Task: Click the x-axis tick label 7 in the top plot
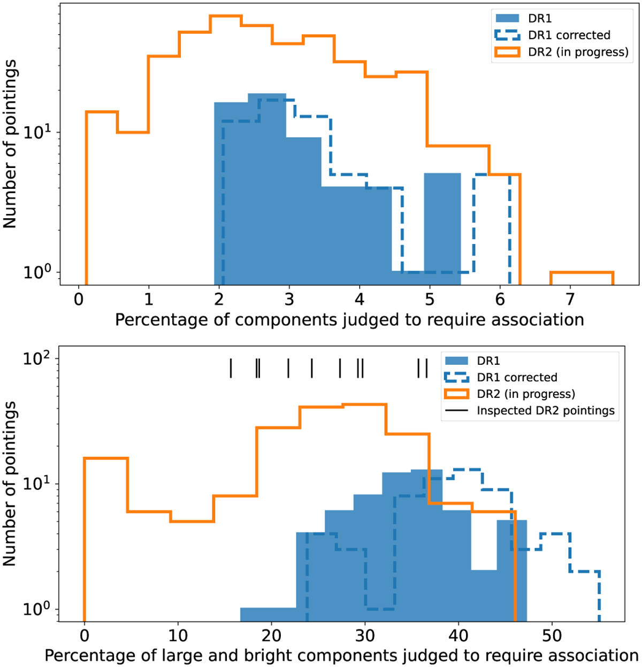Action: click(x=570, y=298)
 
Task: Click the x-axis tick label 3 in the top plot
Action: click(x=289, y=298)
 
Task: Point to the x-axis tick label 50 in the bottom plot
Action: click(x=552, y=635)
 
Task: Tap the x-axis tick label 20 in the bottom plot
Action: click(x=271, y=635)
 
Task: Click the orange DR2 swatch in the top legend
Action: click(x=507, y=52)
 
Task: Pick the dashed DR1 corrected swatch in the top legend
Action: click(x=507, y=35)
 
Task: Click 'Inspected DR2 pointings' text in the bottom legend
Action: click(x=546, y=411)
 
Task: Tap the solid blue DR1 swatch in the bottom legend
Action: click(x=456, y=361)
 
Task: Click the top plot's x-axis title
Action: click(x=349, y=320)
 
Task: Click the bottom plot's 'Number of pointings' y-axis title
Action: click(x=10, y=484)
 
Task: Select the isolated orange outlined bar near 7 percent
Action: click(x=582, y=278)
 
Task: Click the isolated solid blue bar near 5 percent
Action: click(x=442, y=225)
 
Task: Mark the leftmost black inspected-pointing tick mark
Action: click(x=231, y=368)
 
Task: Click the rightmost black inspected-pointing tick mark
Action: click(x=426, y=368)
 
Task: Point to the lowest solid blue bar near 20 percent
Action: click(x=268, y=614)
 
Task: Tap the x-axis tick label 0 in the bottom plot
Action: click(x=85, y=635)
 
